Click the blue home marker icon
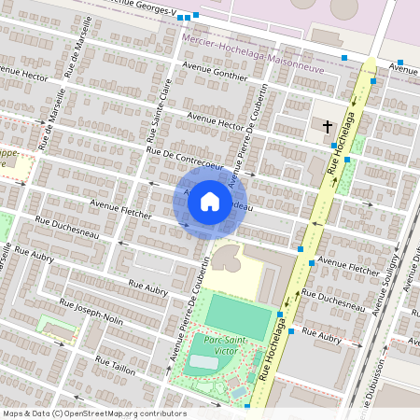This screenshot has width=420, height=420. click(x=210, y=201)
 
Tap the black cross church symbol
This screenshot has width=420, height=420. click(x=328, y=125)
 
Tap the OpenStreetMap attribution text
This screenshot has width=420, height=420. click(x=93, y=413)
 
